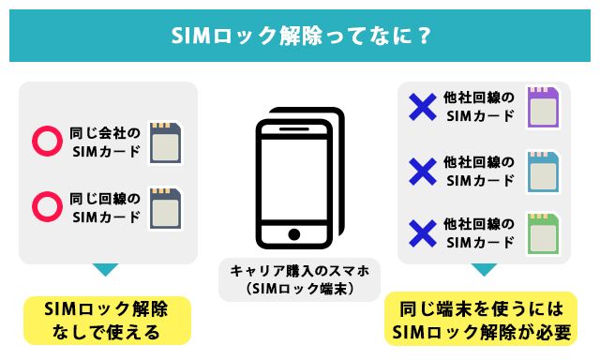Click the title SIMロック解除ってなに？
(x=300, y=36)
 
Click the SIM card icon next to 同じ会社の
(x=165, y=142)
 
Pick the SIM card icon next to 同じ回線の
(x=165, y=206)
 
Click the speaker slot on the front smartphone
(x=292, y=132)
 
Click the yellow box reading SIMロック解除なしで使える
(x=106, y=321)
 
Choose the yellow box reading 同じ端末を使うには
(x=482, y=321)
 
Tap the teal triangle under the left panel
(x=106, y=270)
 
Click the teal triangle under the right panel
(x=483, y=270)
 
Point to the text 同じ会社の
(x=104, y=132)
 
